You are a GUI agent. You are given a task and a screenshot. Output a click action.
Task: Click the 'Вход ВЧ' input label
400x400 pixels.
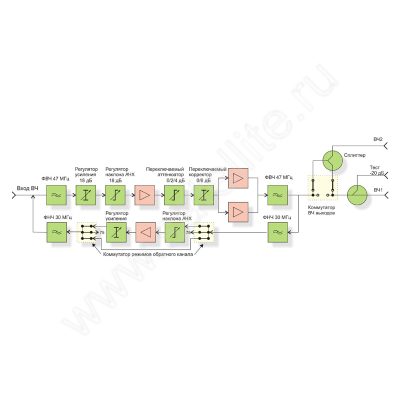point(27,188)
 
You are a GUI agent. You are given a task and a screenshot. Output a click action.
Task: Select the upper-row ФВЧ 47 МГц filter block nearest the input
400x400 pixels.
point(56,195)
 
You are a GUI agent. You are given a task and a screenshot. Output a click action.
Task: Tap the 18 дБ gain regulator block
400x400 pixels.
point(85,195)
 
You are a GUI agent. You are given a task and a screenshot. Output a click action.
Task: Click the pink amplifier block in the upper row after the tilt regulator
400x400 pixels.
point(144,195)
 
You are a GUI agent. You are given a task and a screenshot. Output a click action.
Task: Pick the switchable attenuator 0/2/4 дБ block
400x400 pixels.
point(174,195)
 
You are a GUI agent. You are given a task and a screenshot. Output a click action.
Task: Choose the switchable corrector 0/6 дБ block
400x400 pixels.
point(204,195)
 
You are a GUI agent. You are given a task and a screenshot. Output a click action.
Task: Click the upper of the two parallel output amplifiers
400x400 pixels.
point(238,178)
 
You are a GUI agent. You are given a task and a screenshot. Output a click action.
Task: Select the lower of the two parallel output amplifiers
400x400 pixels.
point(238,212)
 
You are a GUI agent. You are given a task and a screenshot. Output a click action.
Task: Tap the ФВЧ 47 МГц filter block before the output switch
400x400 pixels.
point(277,195)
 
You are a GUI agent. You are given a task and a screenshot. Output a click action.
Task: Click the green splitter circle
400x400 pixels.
point(332,160)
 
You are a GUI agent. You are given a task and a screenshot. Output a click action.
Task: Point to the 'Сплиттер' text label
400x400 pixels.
point(354,155)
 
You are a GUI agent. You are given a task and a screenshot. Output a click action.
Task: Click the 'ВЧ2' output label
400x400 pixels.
point(378,139)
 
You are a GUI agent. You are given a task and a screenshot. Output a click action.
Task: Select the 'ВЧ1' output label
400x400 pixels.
point(378,190)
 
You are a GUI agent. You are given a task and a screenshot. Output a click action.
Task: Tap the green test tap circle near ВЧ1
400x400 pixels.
point(357,195)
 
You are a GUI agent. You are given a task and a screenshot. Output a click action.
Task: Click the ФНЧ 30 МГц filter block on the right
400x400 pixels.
point(278,232)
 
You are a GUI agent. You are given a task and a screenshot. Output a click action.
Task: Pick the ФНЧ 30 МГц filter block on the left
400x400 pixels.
point(56,232)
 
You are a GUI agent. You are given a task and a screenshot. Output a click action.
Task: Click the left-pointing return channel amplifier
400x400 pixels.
point(145,232)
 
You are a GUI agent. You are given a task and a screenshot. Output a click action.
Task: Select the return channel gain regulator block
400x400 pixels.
point(116,232)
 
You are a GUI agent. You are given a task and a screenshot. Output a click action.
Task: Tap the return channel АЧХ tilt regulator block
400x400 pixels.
point(175,232)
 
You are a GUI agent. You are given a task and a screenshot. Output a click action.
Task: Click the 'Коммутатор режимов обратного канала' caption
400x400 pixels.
point(148,254)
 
